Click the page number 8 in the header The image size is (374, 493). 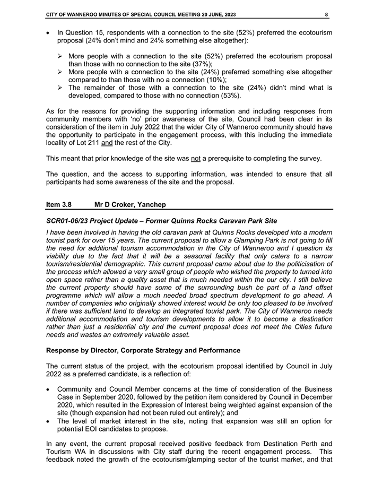pos(327,14)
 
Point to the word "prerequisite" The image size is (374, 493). pos(229,159)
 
